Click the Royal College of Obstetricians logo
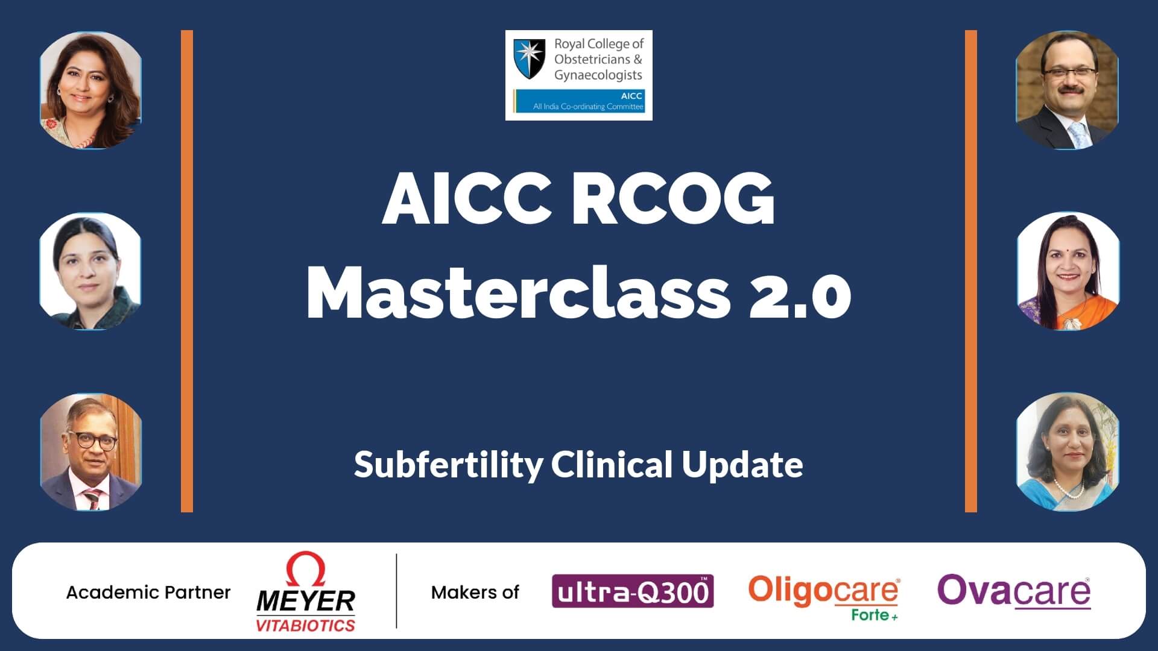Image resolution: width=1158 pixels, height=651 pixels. point(579,75)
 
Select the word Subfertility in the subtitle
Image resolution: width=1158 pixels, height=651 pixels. point(448,465)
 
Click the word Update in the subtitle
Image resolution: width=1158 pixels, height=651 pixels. point(742,465)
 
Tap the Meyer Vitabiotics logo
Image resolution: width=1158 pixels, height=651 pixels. point(306,593)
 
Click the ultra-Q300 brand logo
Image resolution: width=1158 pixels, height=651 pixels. point(633,591)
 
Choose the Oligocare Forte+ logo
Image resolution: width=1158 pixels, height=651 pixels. point(824,597)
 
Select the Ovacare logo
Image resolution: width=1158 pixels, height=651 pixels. point(1014,591)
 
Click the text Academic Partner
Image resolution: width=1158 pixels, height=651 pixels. point(148,593)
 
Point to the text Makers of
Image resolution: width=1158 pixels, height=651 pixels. point(475,593)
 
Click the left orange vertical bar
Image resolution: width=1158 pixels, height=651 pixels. point(187,271)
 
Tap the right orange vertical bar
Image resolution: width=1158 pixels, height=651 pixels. point(971,271)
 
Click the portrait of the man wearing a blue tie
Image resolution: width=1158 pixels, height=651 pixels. point(1067,90)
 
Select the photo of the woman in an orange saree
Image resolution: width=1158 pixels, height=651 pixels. point(1068,271)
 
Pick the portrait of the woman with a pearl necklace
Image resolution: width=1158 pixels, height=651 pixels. point(1067,452)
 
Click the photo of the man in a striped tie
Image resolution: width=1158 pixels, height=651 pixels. point(91,452)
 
